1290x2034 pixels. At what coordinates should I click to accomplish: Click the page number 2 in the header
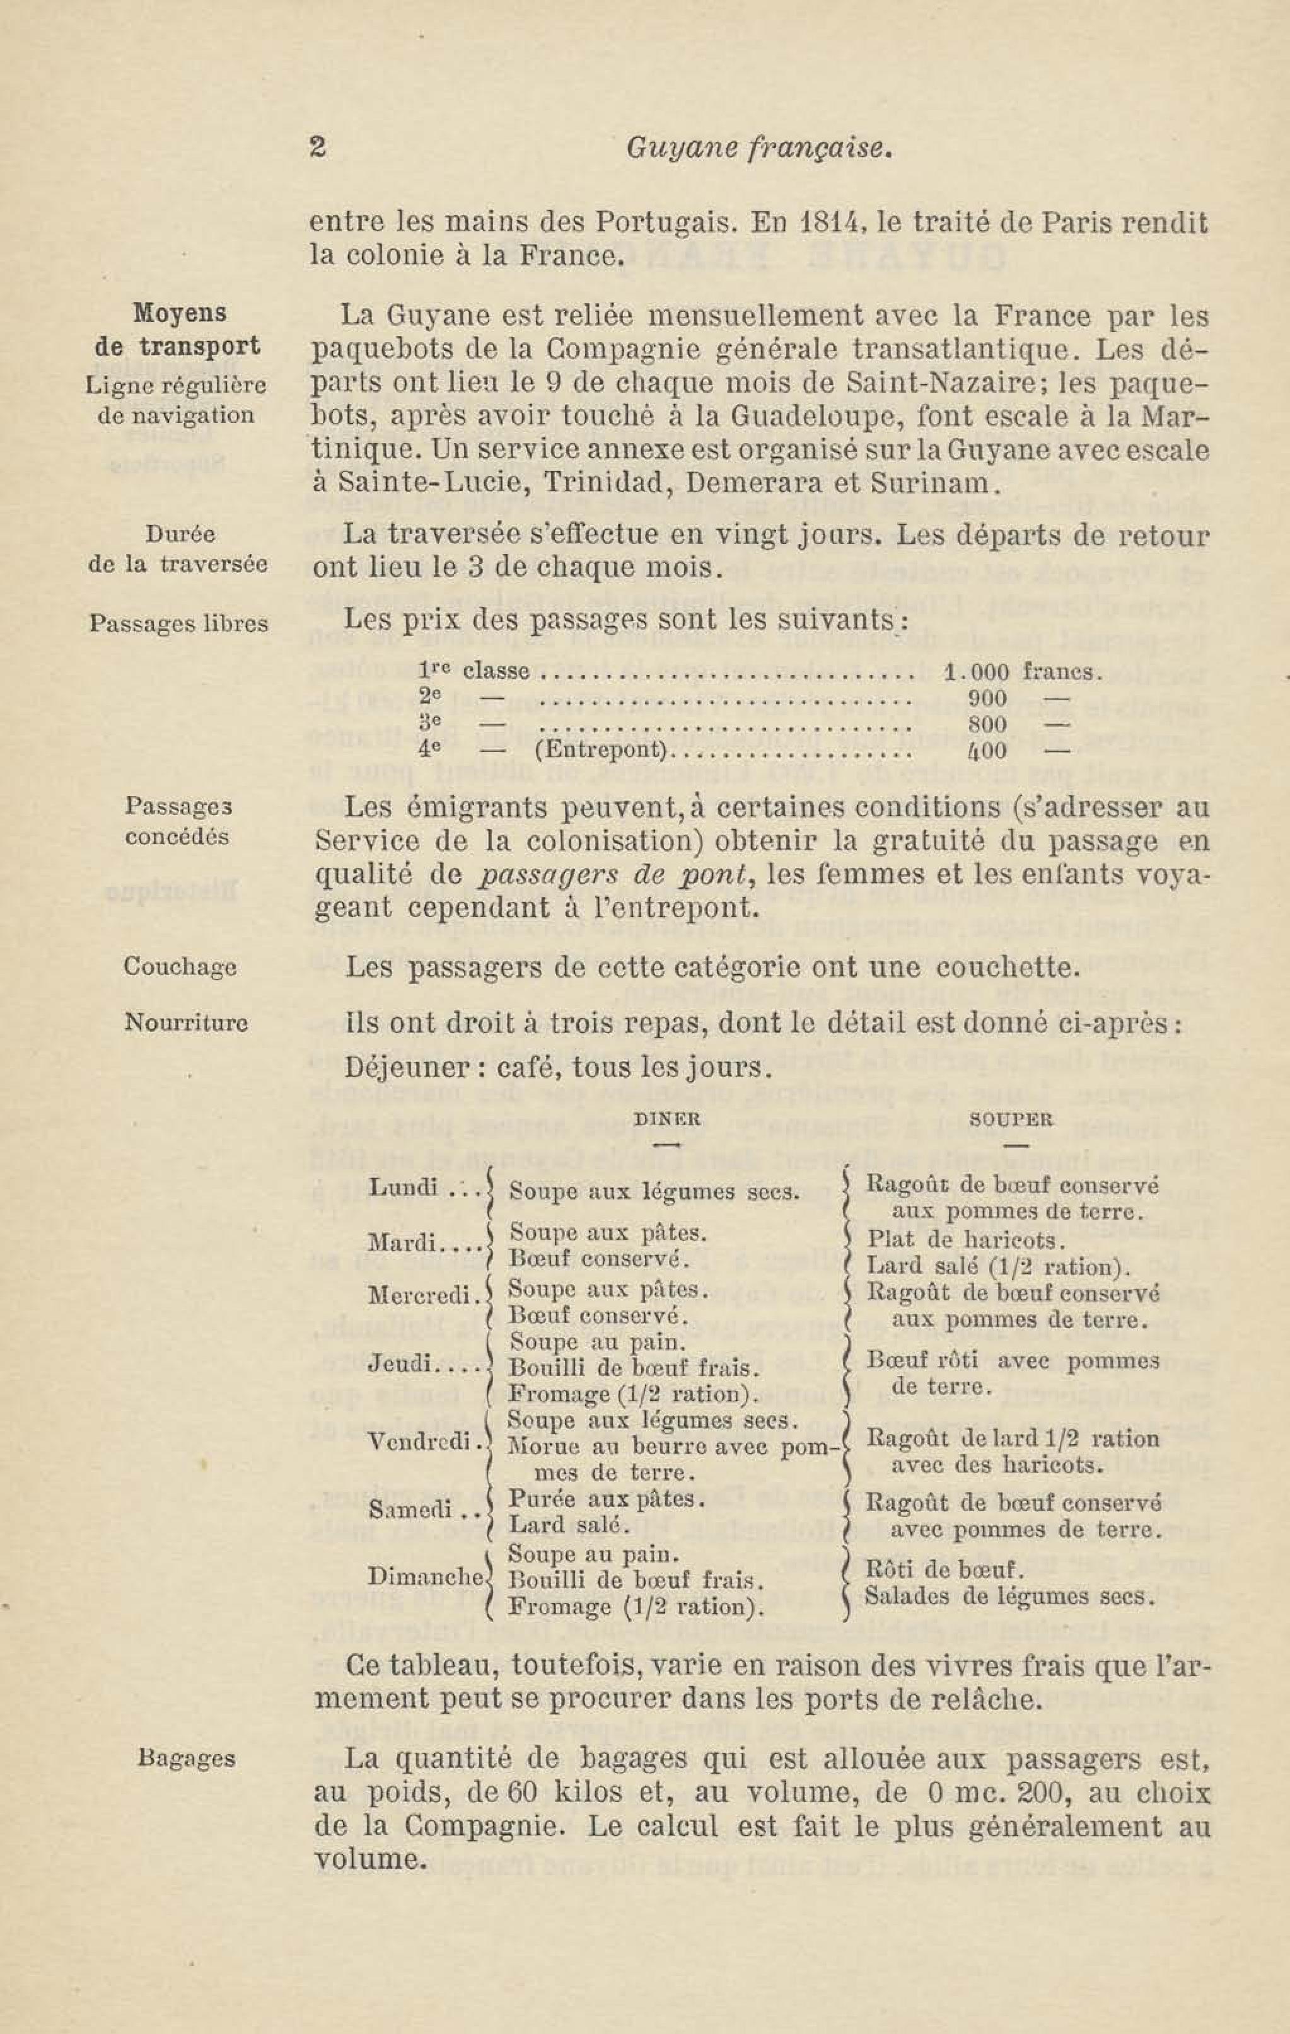(318, 148)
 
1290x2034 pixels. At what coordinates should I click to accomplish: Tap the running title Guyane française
(758, 149)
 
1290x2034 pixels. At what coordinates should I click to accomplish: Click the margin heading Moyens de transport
(179, 330)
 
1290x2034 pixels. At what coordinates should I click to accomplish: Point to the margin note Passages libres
(178, 624)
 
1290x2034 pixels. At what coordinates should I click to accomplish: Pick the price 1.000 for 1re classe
(976, 673)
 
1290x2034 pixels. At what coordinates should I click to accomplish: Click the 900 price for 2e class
(987, 698)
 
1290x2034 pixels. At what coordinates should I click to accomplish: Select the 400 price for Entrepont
(987, 750)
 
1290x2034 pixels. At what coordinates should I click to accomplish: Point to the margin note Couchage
(179, 966)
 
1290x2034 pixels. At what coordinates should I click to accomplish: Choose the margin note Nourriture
(186, 1023)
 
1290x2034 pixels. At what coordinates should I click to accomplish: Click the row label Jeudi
(401, 1364)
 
